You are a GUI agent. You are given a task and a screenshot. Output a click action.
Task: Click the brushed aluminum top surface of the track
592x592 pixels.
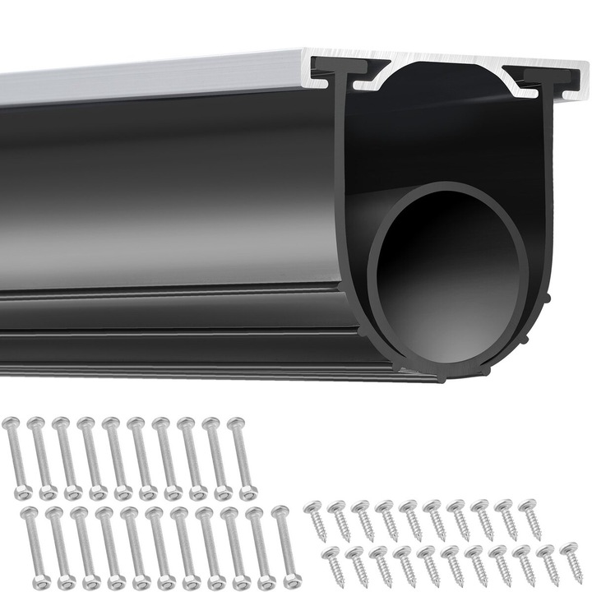(148, 76)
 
